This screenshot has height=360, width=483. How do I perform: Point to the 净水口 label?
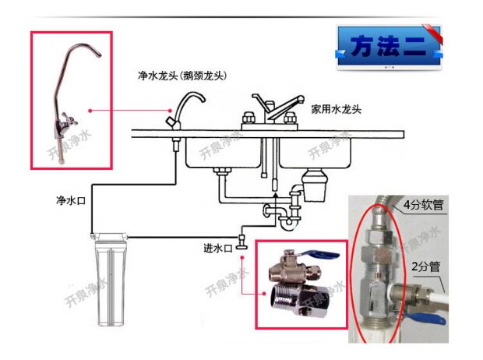point(71,201)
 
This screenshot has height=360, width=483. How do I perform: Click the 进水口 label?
point(217,248)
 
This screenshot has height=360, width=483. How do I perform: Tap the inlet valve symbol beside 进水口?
point(241,242)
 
